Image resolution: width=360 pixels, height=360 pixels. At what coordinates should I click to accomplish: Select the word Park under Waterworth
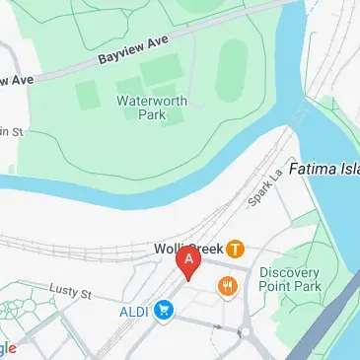(x=150, y=114)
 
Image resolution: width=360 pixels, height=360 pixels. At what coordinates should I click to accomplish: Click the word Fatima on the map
(x=313, y=169)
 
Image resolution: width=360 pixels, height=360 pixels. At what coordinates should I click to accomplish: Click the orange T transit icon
(x=236, y=249)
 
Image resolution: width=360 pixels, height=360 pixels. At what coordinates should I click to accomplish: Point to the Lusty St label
(x=70, y=293)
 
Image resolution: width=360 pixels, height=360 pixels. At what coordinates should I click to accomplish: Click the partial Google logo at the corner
(x=8, y=348)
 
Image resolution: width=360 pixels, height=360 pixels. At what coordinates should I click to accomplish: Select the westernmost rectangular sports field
(x=86, y=95)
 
